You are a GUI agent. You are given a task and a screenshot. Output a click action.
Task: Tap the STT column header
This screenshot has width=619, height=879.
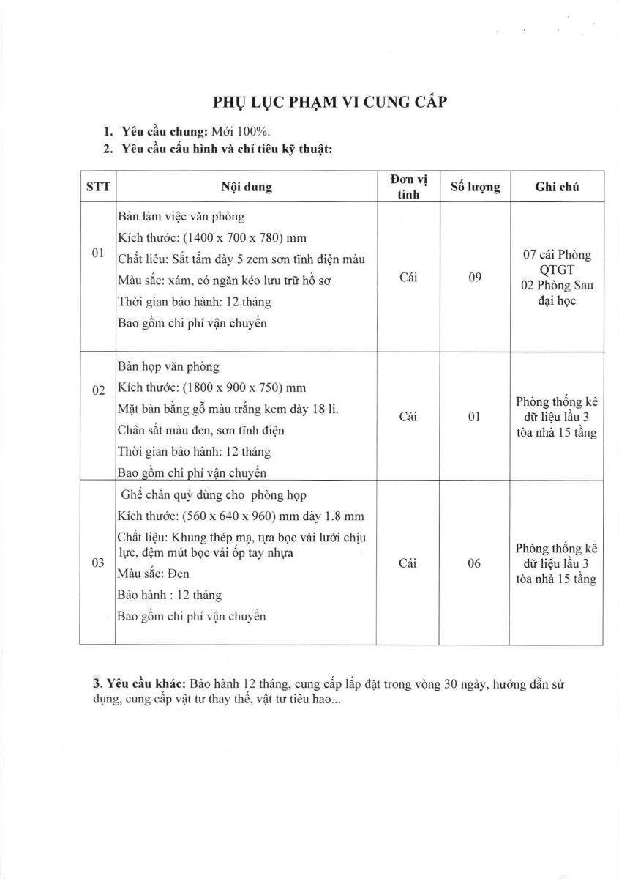(98, 187)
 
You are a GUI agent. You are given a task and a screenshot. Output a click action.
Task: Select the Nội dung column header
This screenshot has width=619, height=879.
(247, 187)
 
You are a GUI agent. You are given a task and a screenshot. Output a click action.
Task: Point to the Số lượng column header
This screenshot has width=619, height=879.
(475, 187)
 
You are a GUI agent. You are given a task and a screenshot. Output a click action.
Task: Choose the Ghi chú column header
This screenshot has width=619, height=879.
(557, 187)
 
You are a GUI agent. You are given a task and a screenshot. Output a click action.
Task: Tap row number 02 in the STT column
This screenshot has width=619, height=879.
(98, 390)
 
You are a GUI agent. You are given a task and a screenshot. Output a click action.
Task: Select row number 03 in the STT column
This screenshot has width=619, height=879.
(98, 563)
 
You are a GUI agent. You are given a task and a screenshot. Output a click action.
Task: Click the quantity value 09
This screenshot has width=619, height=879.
(475, 278)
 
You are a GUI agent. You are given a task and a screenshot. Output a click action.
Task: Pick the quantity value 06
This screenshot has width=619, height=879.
(475, 563)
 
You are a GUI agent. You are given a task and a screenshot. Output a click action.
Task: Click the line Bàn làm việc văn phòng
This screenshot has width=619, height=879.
(181, 218)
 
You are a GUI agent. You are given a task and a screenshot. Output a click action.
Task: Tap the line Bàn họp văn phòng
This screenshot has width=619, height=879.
(168, 367)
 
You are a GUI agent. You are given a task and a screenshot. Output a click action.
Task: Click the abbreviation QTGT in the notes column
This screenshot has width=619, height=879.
(558, 269)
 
